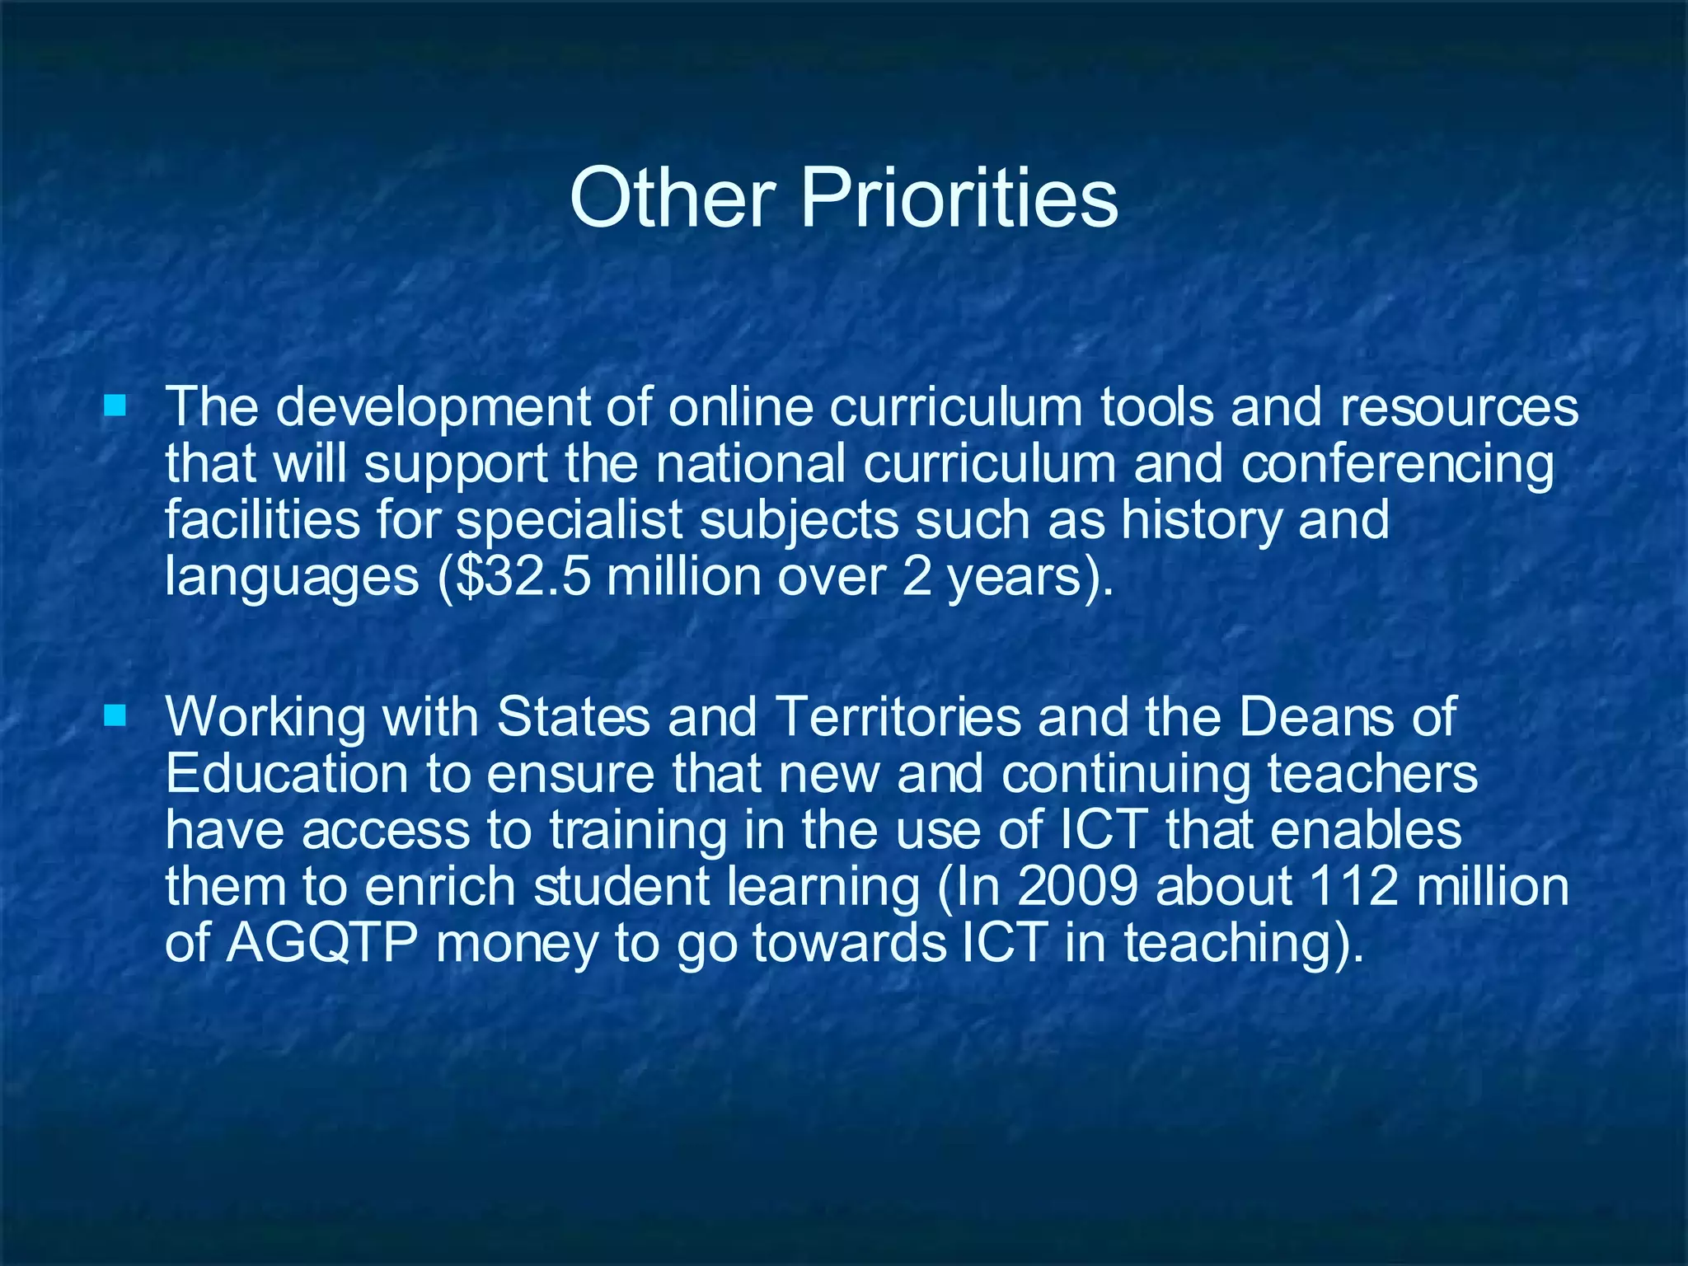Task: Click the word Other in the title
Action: (x=673, y=198)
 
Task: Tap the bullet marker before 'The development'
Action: (x=115, y=406)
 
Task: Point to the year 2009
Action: (x=1079, y=887)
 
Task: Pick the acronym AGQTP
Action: (x=321, y=943)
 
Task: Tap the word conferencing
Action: (x=1397, y=465)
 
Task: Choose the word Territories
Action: (x=898, y=717)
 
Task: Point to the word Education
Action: (x=287, y=775)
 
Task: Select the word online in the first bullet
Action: (x=740, y=407)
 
